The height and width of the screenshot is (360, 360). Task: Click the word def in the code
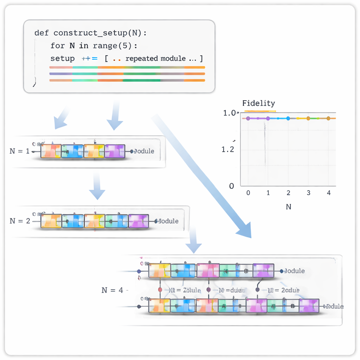[41, 33]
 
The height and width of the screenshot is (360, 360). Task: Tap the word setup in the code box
[62, 58]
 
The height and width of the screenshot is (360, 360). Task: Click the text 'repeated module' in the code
[155, 58]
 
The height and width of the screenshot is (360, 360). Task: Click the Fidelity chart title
[258, 103]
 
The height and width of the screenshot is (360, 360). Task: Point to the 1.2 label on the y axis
[228, 149]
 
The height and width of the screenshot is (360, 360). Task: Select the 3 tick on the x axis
[308, 193]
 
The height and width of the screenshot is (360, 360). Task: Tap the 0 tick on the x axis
[248, 193]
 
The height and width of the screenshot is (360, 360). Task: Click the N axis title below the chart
[288, 207]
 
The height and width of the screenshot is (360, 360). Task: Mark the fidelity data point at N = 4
[328, 118]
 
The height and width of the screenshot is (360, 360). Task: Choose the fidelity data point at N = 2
[288, 118]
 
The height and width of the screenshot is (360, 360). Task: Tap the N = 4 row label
[112, 290]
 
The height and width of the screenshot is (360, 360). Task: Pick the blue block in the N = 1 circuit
[72, 151]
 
